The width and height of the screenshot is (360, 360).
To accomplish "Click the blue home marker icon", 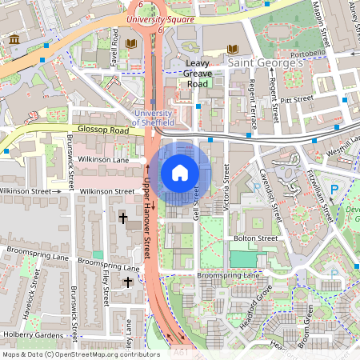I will tap(180, 172).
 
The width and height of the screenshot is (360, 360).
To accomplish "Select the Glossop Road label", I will tap(102, 130).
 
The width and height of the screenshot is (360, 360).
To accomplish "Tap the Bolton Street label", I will tap(255, 238).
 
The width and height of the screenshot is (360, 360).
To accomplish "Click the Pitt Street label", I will tap(295, 101).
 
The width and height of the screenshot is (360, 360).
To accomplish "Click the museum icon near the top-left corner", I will tap(14, 40).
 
